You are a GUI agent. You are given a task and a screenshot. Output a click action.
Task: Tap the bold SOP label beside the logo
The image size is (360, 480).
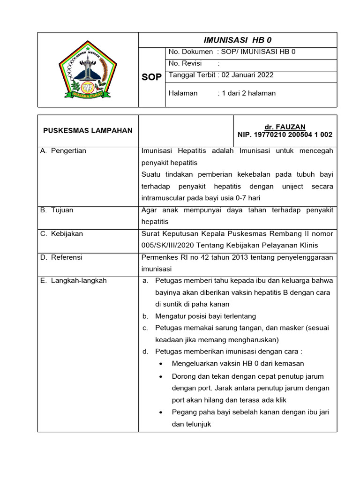[x=152, y=77]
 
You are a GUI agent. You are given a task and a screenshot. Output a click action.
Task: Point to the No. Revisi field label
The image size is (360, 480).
[x=184, y=63]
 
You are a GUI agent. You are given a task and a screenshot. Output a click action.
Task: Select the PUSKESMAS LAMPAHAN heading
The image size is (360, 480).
[x=88, y=130]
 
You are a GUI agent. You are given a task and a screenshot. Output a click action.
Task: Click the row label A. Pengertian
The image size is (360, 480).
[x=63, y=151]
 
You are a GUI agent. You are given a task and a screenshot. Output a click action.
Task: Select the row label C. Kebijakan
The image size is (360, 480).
[x=61, y=233]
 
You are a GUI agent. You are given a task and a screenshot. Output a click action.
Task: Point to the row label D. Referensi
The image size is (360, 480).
[x=61, y=257]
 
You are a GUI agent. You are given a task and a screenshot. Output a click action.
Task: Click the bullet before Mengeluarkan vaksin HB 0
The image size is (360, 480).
[x=161, y=364]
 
